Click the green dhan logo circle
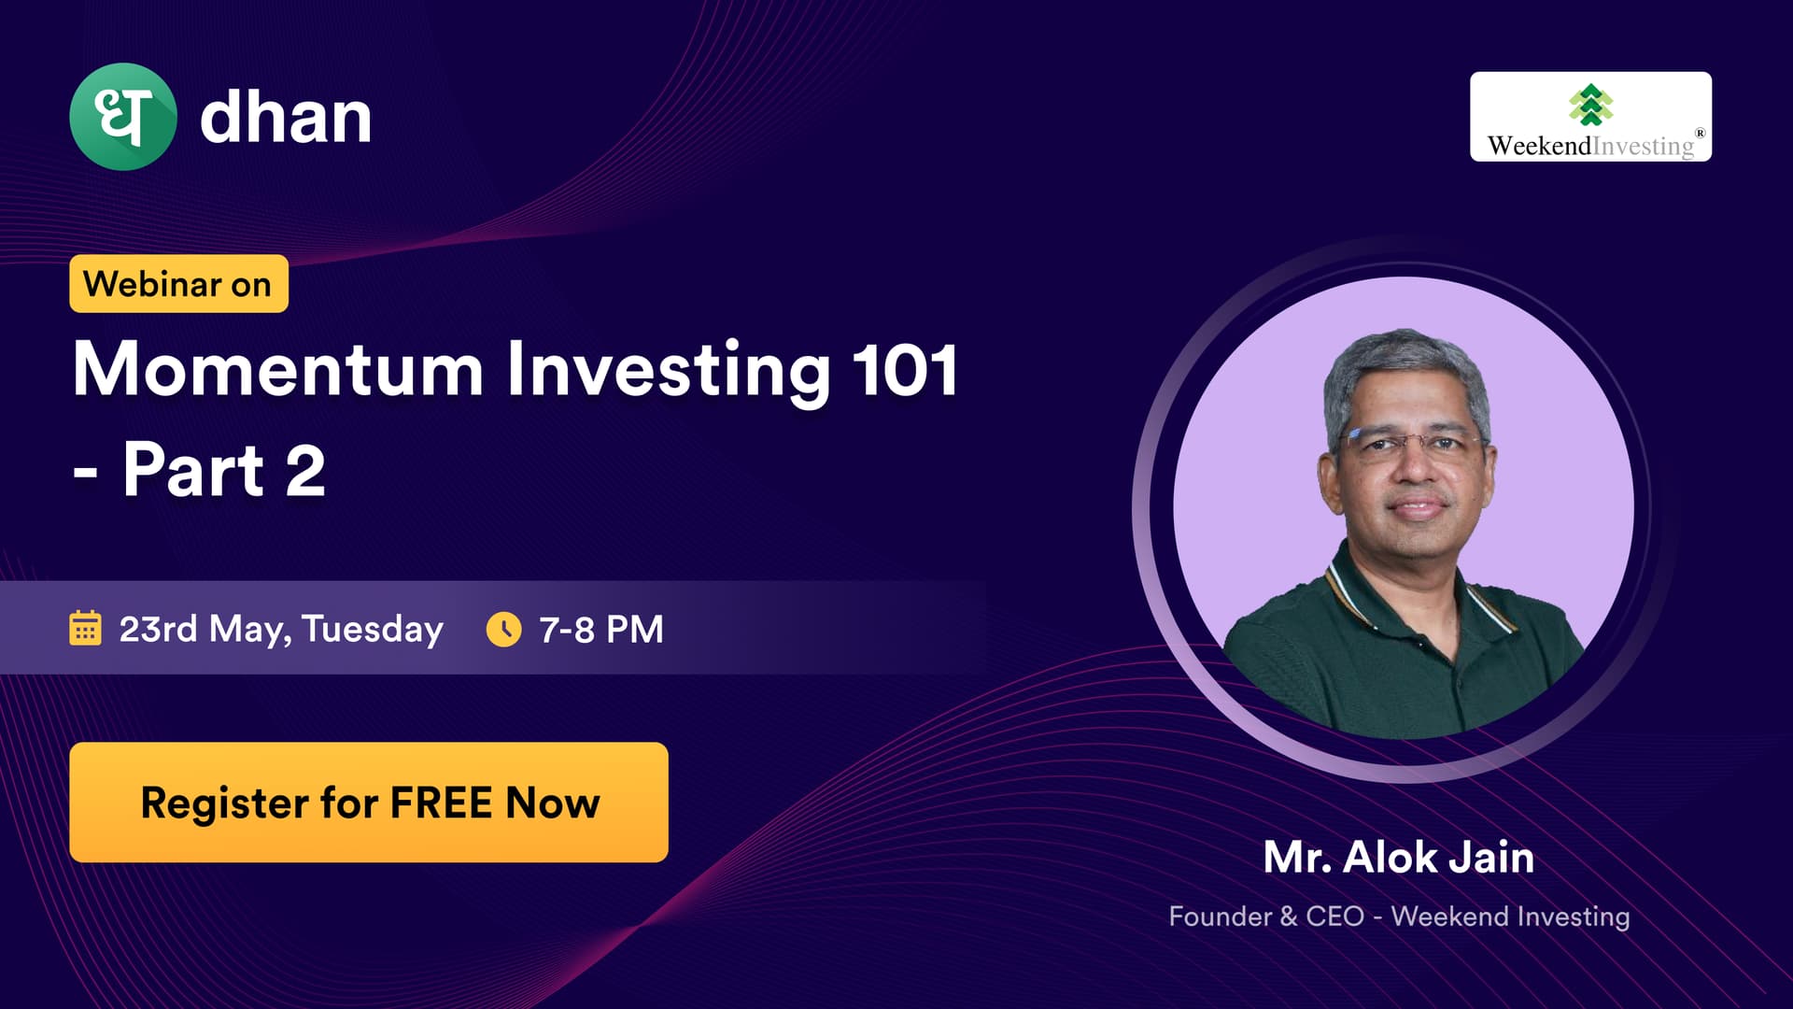pyautogui.click(x=123, y=117)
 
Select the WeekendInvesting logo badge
pyautogui.click(x=1590, y=117)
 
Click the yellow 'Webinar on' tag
pyautogui.click(x=178, y=283)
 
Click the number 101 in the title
pyautogui.click(x=905, y=370)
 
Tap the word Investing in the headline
pyautogui.click(x=668, y=373)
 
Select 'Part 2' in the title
pyautogui.click(x=224, y=470)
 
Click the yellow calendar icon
pyautogui.click(x=85, y=628)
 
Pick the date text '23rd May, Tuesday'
pyautogui.click(x=281, y=630)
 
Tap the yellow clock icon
pyautogui.click(x=504, y=629)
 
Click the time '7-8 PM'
pyautogui.click(x=601, y=629)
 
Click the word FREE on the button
pyautogui.click(x=441, y=803)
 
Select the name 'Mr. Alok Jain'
pyautogui.click(x=1399, y=858)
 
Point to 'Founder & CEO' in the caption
pyautogui.click(x=1266, y=916)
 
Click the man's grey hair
pyautogui.click(x=1405, y=369)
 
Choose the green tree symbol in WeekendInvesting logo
pyautogui.click(x=1591, y=105)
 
